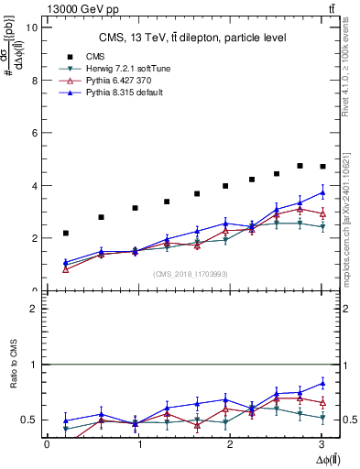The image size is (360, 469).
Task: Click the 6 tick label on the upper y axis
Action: (33, 133)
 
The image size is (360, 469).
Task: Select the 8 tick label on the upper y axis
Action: (33, 80)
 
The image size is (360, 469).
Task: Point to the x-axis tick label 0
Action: (47, 444)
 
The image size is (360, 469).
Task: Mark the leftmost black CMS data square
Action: (65, 233)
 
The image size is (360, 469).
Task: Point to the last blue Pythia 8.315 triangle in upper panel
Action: (322, 192)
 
